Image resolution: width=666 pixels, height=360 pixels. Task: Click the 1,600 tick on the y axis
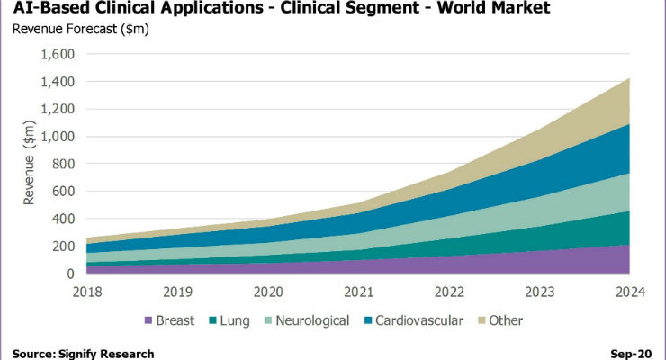tap(58, 54)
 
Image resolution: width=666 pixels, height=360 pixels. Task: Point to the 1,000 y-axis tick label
tap(58, 137)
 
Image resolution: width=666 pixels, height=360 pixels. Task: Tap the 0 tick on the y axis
tap(70, 274)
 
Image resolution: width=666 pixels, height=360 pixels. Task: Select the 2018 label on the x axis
tap(87, 292)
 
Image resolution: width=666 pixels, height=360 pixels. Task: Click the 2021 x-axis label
tap(359, 292)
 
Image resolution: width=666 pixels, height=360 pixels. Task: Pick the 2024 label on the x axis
tap(630, 292)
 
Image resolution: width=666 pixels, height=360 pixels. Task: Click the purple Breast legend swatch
tap(148, 320)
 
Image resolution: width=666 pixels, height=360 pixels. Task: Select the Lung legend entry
tap(229, 320)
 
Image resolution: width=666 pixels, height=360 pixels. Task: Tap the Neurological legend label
tap(312, 320)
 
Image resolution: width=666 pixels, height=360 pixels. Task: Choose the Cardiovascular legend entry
tap(414, 320)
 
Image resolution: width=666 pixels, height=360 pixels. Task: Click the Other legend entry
tap(500, 320)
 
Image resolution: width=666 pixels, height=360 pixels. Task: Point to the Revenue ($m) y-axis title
tap(30, 163)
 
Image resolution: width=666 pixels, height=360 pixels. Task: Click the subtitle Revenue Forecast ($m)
tap(81, 29)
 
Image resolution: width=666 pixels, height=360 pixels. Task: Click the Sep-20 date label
tap(631, 354)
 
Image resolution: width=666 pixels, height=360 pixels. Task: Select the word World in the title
tap(465, 7)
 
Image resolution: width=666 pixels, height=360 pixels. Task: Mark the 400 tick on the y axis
tap(63, 219)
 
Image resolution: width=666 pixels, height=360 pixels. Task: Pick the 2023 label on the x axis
tap(540, 292)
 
